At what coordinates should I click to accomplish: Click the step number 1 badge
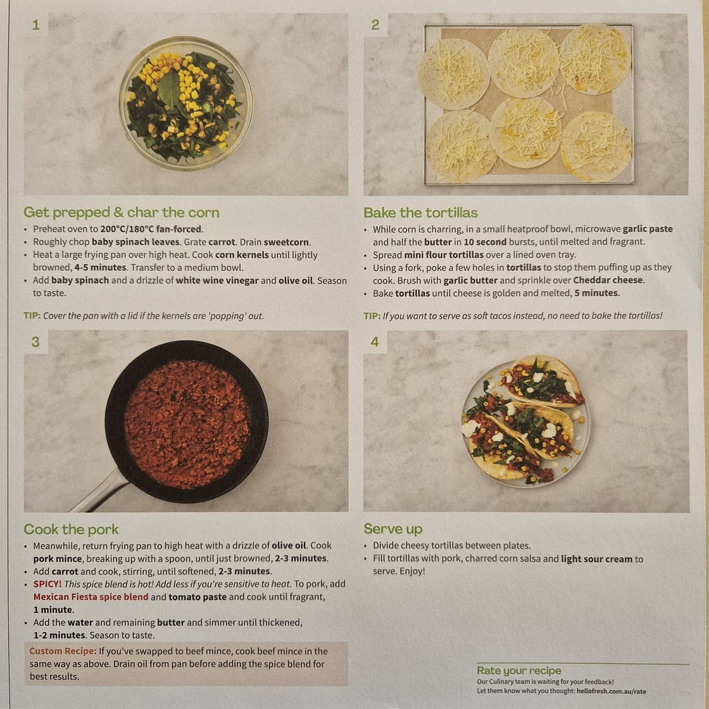pos(35,25)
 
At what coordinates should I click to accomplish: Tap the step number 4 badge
pos(375,341)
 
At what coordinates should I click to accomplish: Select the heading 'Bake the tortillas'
pos(420,213)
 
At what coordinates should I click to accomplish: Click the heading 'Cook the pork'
pos(71,529)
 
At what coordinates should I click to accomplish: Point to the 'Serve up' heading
pos(393,529)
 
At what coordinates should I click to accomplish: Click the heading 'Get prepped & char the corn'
pos(121,213)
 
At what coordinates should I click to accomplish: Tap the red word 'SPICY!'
pos(47,584)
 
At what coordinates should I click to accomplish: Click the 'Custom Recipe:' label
pos(63,651)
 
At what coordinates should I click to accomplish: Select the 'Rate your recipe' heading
pos(518,670)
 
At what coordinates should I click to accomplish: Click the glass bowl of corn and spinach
pos(185,103)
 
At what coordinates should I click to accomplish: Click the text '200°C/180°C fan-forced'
pos(151,229)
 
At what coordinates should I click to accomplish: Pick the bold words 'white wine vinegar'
pos(217,280)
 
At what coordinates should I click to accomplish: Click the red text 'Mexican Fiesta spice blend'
pos(91,597)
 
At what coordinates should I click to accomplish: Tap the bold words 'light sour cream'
pos(596,559)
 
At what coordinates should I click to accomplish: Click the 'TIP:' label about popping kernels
pos(32,316)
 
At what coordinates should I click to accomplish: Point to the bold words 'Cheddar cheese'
pos(608,280)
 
